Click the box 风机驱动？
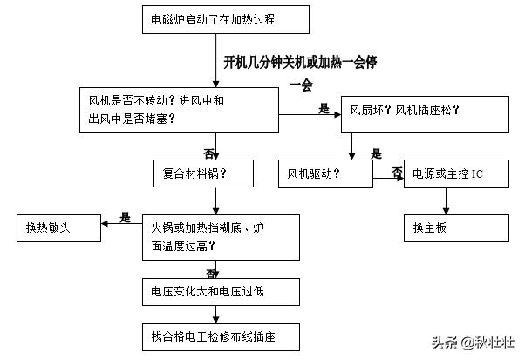[x=324, y=173]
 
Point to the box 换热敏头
[x=58, y=228]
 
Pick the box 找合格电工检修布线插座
[x=222, y=334]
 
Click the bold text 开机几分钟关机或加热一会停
[x=302, y=63]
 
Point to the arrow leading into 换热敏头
[x=122, y=224]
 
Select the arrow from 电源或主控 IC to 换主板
[x=447, y=202]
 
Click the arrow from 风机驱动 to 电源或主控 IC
[x=387, y=176]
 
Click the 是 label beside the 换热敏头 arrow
[x=125, y=216]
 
